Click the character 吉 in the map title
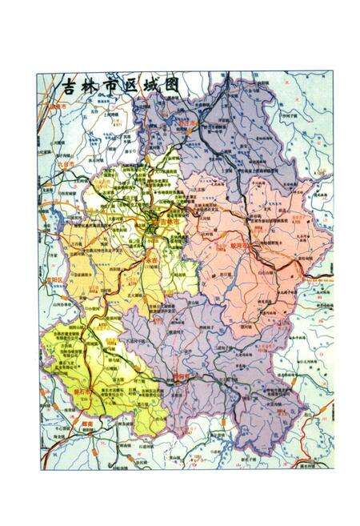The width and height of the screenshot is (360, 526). pyautogui.click(x=70, y=86)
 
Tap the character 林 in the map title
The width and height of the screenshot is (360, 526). pyautogui.click(x=94, y=86)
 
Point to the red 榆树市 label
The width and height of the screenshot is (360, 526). pyautogui.click(x=53, y=105)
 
